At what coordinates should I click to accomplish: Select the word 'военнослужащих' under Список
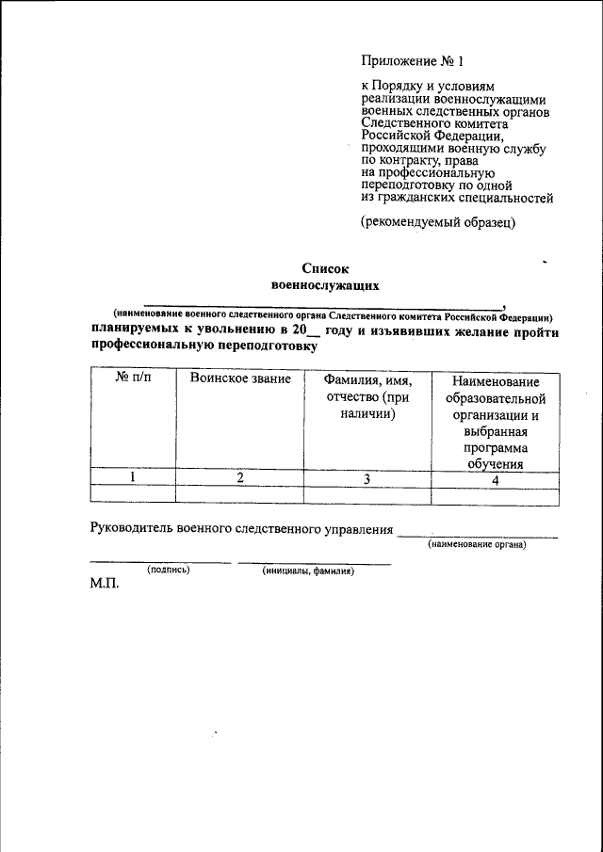[324, 282]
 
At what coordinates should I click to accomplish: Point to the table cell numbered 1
[133, 477]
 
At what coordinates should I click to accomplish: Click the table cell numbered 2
[239, 477]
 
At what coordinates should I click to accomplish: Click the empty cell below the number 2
[239, 494]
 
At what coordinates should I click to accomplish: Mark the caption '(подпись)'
[169, 571]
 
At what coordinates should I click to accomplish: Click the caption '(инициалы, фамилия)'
[309, 571]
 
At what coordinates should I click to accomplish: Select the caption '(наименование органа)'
[477, 545]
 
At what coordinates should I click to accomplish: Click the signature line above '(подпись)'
[160, 562]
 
